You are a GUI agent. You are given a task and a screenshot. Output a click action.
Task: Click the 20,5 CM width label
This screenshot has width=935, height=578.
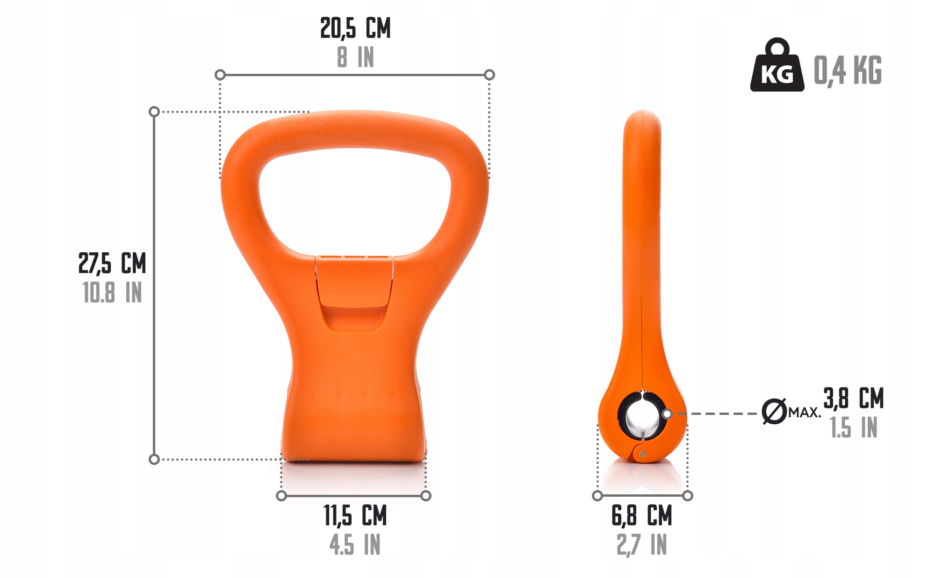point(355,29)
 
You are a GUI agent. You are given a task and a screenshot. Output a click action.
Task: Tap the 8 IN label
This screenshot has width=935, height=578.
point(355,57)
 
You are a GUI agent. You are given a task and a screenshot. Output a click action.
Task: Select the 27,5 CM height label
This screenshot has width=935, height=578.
point(112,264)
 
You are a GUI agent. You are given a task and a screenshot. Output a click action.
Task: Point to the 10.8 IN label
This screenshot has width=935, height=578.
point(112,293)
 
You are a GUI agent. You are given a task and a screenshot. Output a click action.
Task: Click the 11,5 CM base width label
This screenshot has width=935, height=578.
point(355,516)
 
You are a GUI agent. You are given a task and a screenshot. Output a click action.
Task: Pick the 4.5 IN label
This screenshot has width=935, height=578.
point(355,545)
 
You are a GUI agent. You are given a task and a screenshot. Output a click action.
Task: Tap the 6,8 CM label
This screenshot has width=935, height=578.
point(642,516)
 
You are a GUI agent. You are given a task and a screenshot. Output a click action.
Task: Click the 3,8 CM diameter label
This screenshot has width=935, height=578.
point(854,399)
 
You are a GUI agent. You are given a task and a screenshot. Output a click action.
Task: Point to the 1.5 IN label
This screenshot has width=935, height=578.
point(854,428)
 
